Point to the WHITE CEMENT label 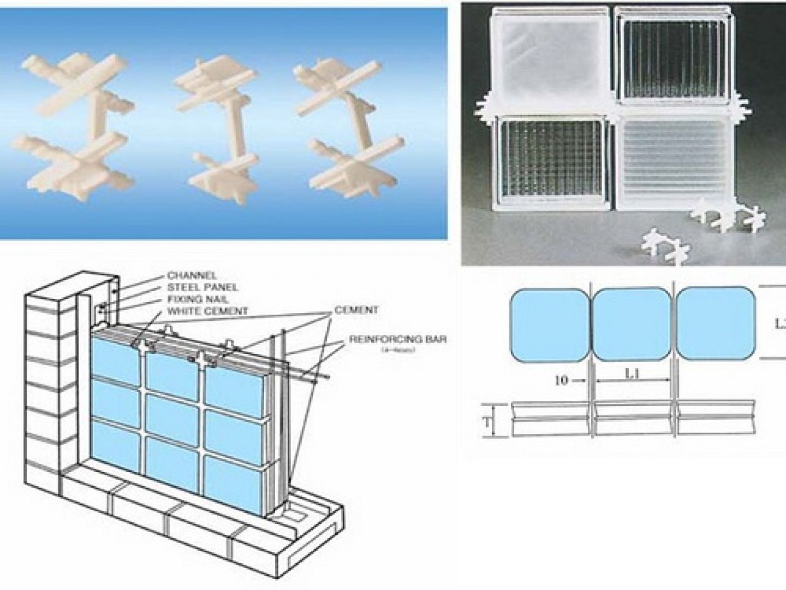point(207,311)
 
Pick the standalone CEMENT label point(356,310)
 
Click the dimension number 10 point(561,381)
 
